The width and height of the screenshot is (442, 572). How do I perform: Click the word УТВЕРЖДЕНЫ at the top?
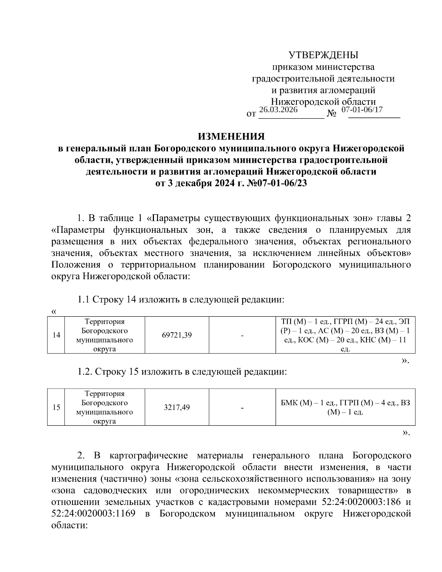[x=323, y=55]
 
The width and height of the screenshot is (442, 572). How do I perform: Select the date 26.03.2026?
[x=278, y=110]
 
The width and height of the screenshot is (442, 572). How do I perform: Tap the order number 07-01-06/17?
[x=362, y=110]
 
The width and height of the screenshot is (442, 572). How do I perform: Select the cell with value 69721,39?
[x=177, y=335]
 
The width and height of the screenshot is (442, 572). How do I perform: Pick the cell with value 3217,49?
[x=177, y=407]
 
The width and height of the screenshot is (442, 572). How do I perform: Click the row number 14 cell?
[x=56, y=335]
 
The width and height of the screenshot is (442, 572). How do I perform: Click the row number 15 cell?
[x=56, y=407]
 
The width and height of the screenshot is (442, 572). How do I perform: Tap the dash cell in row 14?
[x=242, y=335]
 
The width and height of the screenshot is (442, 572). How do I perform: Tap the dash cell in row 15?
[x=242, y=407]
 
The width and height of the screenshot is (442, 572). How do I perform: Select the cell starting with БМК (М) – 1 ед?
[x=345, y=407]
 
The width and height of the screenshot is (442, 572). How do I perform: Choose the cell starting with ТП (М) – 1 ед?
[x=345, y=335]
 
